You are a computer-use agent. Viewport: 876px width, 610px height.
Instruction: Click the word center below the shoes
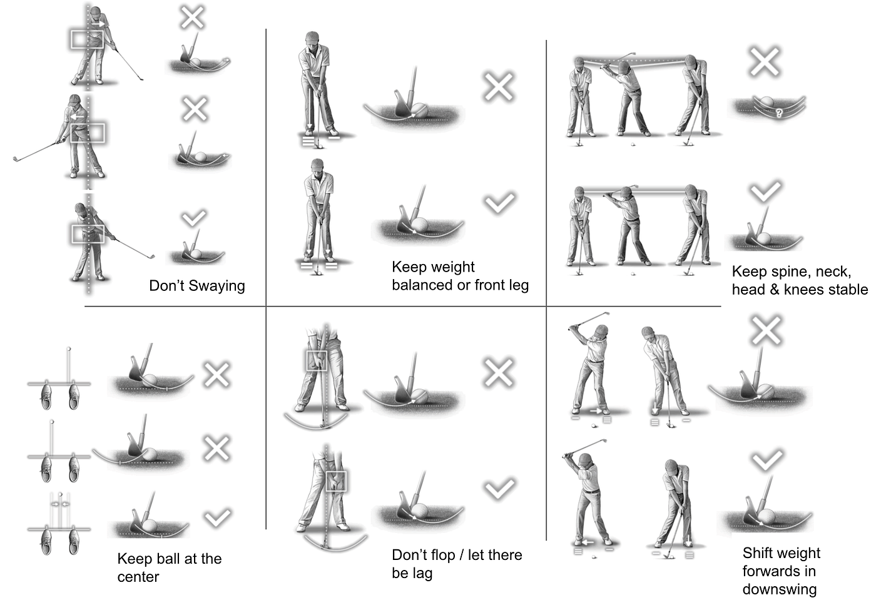[138, 577]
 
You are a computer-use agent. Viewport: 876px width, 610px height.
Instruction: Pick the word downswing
[780, 589]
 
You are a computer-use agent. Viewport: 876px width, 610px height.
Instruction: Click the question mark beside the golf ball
[778, 113]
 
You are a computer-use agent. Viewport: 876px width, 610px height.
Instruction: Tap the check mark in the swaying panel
[193, 218]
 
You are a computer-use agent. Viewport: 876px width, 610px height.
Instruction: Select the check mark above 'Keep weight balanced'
[499, 203]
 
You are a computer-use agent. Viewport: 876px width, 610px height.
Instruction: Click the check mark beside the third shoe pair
[218, 518]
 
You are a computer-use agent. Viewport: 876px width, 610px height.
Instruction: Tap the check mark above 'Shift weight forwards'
[768, 460]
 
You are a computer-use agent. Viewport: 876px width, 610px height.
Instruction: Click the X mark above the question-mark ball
[764, 62]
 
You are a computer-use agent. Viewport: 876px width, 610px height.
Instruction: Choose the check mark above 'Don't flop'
[499, 489]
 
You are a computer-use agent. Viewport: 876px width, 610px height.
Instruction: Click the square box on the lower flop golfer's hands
[336, 481]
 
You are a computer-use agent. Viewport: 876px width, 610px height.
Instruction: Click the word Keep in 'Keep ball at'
[133, 559]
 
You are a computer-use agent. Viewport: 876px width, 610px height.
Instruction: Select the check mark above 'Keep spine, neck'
[765, 191]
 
